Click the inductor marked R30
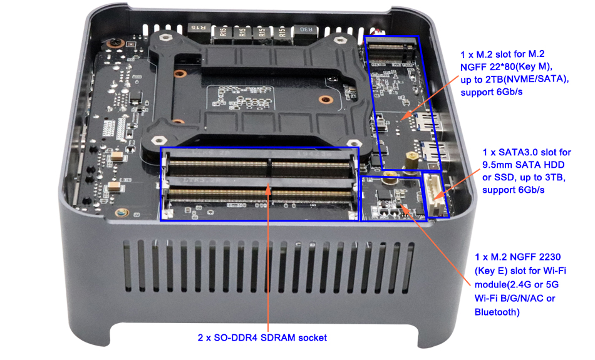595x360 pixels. click(x=305, y=33)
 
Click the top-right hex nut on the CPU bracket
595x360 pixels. click(x=340, y=39)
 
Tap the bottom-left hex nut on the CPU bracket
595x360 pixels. click(x=158, y=140)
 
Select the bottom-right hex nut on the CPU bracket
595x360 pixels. click(x=353, y=143)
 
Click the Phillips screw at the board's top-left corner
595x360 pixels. click(x=113, y=42)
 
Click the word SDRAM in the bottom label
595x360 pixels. click(x=276, y=337)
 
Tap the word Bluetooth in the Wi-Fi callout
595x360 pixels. click(x=496, y=312)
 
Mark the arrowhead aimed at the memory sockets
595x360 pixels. click(x=268, y=190)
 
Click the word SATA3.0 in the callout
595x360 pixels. click(x=517, y=153)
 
